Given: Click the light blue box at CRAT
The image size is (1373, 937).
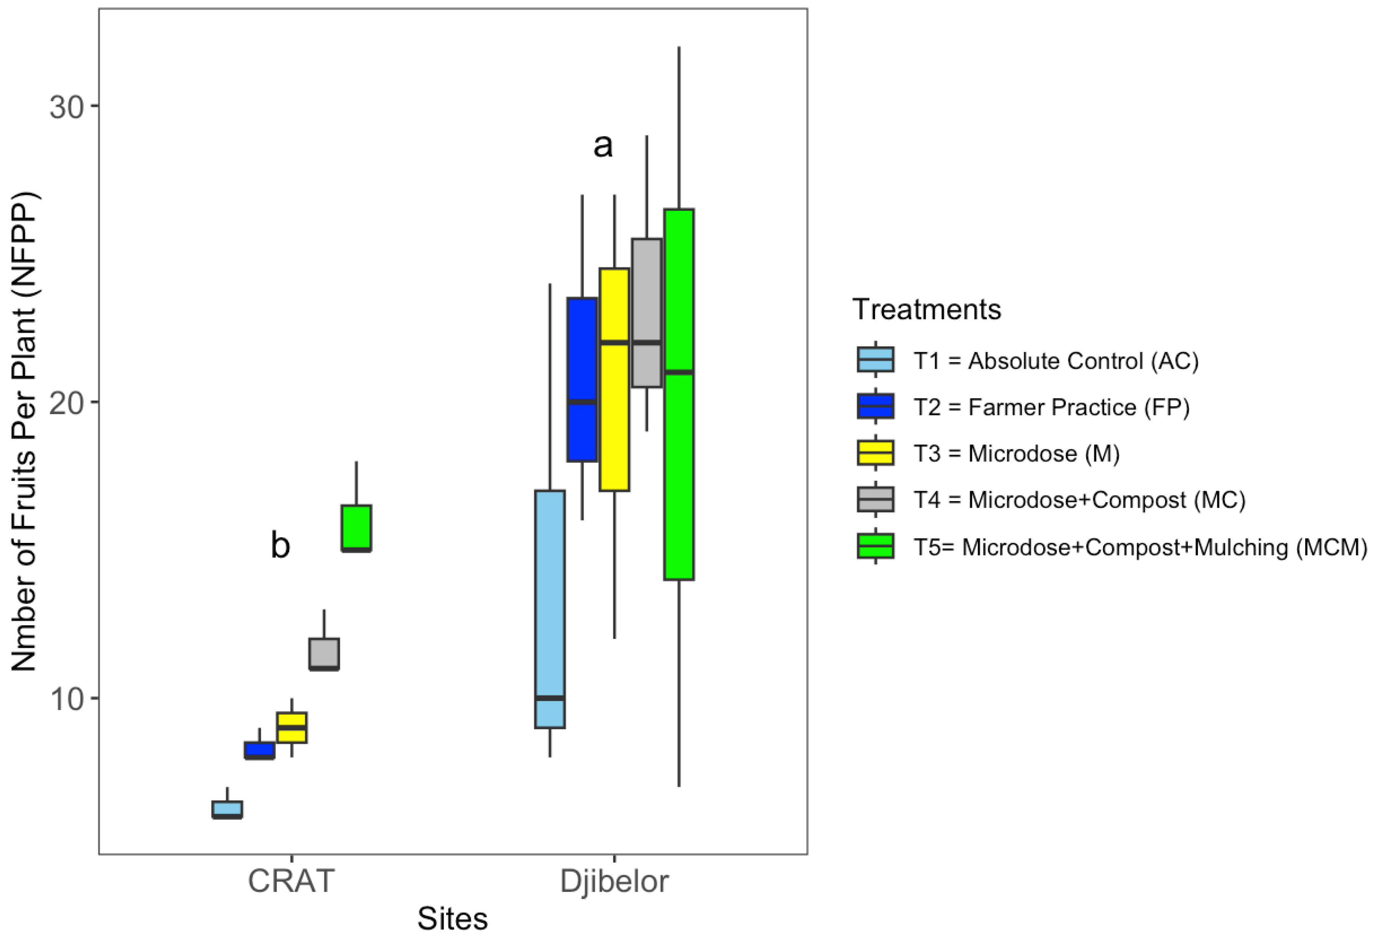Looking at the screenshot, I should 227,809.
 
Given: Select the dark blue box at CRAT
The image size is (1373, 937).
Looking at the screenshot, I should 259,750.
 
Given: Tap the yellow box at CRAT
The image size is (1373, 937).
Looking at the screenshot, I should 292,727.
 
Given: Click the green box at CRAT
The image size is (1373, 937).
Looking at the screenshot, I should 356,528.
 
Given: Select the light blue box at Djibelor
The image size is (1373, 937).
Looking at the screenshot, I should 550,608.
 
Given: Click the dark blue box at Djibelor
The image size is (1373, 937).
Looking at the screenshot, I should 582,379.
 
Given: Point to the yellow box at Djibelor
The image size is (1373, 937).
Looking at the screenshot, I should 615,379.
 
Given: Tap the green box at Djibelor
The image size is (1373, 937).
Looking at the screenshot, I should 679,394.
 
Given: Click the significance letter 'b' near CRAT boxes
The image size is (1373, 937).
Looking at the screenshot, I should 281,545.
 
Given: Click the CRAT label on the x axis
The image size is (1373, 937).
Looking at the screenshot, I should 291,881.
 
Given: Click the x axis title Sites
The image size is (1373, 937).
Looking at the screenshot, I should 452,918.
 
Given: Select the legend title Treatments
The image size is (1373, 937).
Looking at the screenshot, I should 926,309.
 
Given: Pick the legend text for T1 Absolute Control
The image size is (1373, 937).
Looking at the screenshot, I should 1056,360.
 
